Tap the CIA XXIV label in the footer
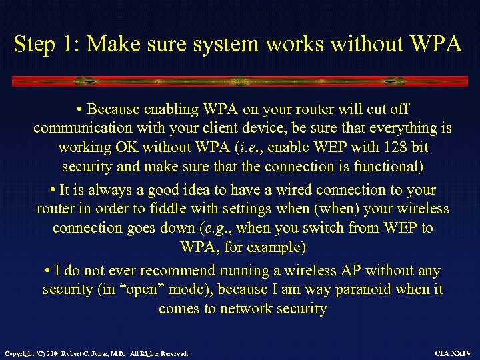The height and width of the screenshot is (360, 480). click(453, 353)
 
